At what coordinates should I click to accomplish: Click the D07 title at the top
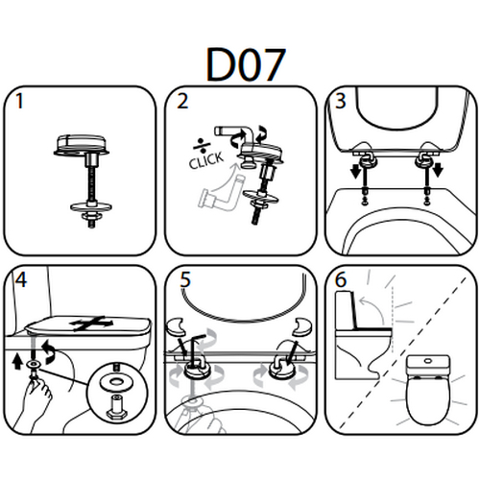point(245,65)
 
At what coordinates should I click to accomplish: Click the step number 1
point(20,101)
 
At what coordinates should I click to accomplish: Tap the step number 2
point(182,101)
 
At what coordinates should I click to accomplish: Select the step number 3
point(340,101)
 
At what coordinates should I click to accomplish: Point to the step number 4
point(21,280)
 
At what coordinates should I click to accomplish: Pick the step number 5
point(185,280)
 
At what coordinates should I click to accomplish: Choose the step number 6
point(341,280)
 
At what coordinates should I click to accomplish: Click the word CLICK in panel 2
point(205,160)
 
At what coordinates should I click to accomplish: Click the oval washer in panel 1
point(91,207)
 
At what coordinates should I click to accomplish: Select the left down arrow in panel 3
point(355,171)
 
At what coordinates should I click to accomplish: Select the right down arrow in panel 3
point(438,170)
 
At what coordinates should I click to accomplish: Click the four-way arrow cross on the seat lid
point(92,323)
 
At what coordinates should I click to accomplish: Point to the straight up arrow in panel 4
point(16,363)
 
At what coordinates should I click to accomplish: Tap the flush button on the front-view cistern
point(428,361)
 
